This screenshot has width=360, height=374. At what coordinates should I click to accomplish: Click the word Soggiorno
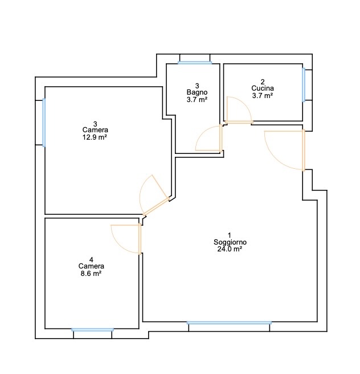click(x=230, y=242)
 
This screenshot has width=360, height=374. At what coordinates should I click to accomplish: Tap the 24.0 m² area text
click(x=230, y=249)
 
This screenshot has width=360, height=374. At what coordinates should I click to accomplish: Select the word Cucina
click(x=263, y=88)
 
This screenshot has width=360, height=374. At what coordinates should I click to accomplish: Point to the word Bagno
click(x=197, y=92)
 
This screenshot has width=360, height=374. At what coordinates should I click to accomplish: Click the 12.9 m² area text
click(x=95, y=137)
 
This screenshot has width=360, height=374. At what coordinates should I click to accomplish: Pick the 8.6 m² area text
click(x=91, y=274)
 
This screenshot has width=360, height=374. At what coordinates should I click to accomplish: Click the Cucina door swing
click(x=239, y=109)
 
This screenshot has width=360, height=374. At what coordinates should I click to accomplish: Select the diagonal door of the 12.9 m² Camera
click(x=155, y=195)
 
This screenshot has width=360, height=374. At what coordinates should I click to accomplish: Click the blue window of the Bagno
click(x=195, y=63)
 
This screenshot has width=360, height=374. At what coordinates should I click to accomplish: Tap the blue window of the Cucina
click(x=304, y=85)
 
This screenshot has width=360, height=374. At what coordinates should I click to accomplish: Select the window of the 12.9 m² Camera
click(x=44, y=123)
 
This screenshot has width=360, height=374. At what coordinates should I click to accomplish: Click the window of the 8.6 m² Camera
click(x=93, y=330)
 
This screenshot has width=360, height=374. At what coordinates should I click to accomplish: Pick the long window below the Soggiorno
click(x=229, y=323)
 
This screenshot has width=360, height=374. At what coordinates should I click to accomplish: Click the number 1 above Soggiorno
click(x=230, y=235)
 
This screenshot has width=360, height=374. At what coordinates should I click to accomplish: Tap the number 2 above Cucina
click(x=263, y=82)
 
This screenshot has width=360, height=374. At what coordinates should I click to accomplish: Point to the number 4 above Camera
click(x=91, y=259)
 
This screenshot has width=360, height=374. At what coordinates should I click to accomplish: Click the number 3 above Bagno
click(x=197, y=86)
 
